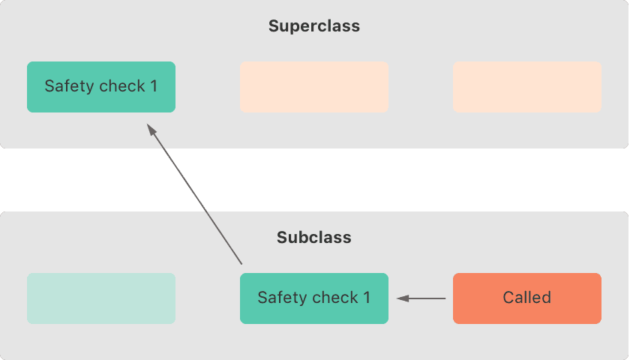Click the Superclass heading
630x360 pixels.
point(314,26)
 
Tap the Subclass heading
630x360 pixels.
point(314,238)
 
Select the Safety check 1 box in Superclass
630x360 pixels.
point(101,87)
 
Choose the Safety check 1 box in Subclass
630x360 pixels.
point(314,298)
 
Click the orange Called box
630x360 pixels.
point(527,298)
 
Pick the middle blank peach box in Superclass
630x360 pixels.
point(314,87)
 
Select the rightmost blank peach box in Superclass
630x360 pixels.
point(527,87)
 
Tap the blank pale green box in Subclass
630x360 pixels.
point(101,298)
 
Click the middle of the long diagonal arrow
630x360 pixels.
point(194,193)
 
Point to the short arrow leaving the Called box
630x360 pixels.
point(421,298)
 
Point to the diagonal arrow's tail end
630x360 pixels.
point(241,264)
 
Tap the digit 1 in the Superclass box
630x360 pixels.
point(154,86)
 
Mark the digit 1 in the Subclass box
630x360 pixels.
point(367,298)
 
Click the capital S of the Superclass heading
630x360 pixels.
point(274,26)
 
